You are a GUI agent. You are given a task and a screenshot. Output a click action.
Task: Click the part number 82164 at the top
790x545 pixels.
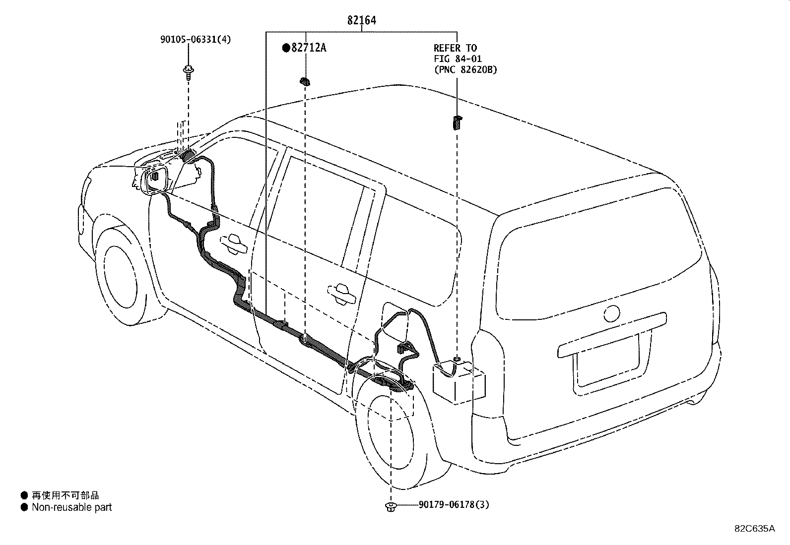click(x=361, y=20)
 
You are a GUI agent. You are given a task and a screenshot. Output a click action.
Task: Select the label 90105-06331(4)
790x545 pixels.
click(x=196, y=39)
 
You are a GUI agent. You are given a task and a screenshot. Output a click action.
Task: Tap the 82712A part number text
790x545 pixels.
click(x=309, y=48)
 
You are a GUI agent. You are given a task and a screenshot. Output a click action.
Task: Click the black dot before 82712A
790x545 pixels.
click(x=286, y=48)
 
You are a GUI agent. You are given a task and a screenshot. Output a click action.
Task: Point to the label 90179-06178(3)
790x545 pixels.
click(x=454, y=504)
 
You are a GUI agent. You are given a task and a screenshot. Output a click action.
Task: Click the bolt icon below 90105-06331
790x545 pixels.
click(x=188, y=71)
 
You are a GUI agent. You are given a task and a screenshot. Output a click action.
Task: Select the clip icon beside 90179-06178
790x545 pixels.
click(x=391, y=506)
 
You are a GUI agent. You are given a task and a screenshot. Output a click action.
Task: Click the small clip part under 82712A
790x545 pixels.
click(x=305, y=81)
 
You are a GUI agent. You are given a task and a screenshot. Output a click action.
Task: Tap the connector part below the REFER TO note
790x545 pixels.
click(x=456, y=121)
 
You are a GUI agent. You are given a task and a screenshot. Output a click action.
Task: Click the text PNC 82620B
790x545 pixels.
click(x=465, y=70)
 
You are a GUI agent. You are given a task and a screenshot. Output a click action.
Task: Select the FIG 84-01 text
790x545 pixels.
click(x=457, y=59)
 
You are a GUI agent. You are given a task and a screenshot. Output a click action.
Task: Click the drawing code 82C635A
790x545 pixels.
click(x=754, y=528)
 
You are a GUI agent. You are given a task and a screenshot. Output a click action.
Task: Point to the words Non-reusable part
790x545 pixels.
click(x=71, y=507)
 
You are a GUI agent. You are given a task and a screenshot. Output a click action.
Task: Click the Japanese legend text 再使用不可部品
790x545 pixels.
click(x=65, y=495)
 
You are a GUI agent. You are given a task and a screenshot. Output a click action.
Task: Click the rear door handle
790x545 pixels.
click(x=341, y=293)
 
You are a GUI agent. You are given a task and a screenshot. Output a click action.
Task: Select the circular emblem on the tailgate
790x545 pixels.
click(x=611, y=313)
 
